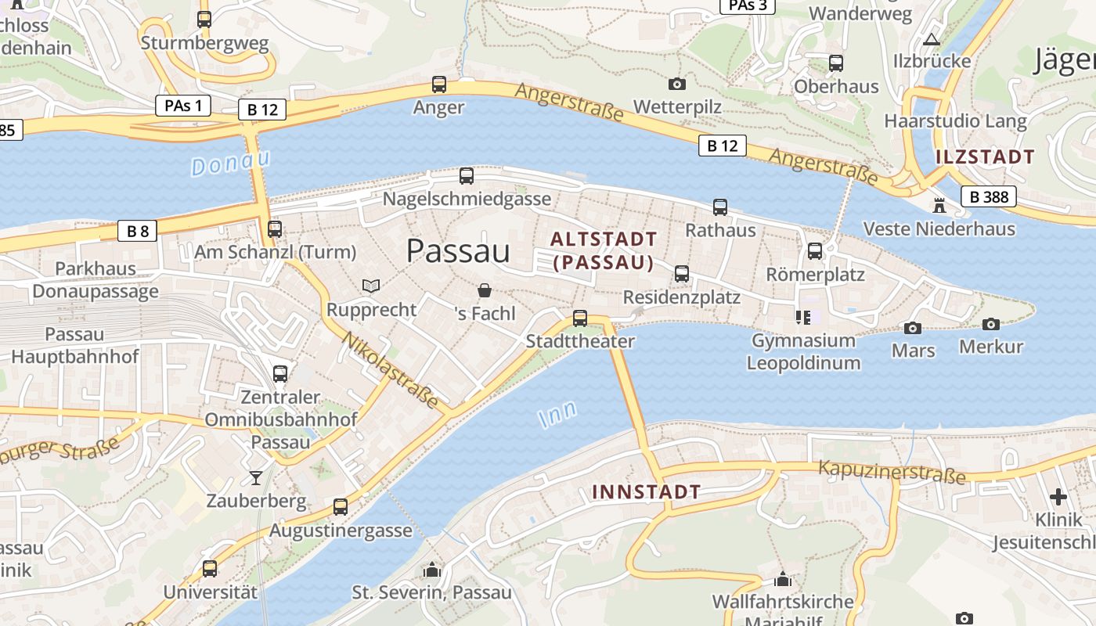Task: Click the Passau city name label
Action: [458, 251]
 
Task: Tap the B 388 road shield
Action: [989, 196]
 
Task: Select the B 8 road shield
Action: [138, 231]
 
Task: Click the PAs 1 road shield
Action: [183, 106]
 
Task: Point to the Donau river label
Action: [231, 163]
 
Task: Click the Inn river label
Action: [558, 414]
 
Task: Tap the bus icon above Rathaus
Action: [720, 207]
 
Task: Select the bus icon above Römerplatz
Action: [815, 251]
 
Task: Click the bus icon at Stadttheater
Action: [580, 318]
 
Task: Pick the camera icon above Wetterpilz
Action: [677, 84]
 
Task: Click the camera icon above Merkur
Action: [991, 324]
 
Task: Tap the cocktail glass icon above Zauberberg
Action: [256, 477]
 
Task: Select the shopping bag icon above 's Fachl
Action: [485, 291]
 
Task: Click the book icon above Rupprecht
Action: [371, 286]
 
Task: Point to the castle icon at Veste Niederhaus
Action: [939, 206]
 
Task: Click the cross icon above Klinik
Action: [1058, 497]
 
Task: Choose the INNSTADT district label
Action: [646, 492]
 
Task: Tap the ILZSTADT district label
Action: [985, 156]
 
